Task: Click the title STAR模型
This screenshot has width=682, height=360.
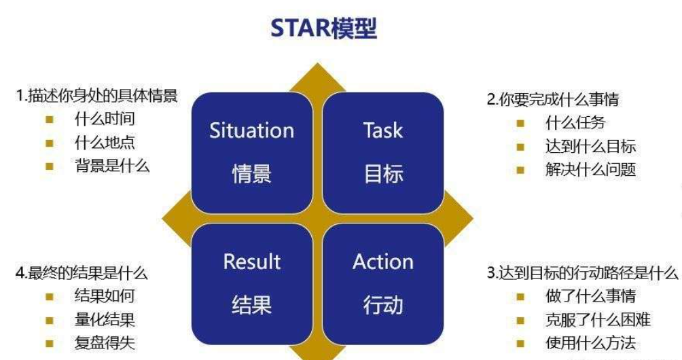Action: click(x=323, y=29)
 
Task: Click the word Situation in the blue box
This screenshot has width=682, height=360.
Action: click(x=251, y=130)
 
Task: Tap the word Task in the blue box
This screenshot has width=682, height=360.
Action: click(x=382, y=130)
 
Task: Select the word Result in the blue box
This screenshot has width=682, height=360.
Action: click(x=251, y=262)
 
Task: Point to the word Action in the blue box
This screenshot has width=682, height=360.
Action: click(x=382, y=262)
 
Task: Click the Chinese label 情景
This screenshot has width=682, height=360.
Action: click(x=251, y=174)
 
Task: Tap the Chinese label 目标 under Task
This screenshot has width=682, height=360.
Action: click(x=382, y=174)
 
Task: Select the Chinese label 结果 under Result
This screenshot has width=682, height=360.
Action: click(x=251, y=305)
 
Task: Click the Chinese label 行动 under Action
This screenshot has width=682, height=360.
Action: click(x=382, y=305)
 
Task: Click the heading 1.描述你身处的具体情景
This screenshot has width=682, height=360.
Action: click(x=96, y=96)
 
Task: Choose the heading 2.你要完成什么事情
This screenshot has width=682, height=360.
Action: click(x=553, y=99)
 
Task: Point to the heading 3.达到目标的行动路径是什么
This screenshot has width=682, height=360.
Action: click(x=582, y=273)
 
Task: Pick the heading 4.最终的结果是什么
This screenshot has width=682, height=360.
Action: click(x=82, y=273)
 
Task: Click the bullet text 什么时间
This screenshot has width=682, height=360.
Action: click(x=105, y=120)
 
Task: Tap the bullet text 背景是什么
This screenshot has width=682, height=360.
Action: click(x=112, y=166)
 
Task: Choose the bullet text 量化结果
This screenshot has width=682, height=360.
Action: click(x=105, y=320)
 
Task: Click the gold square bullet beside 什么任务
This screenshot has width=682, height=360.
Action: click(x=520, y=124)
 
